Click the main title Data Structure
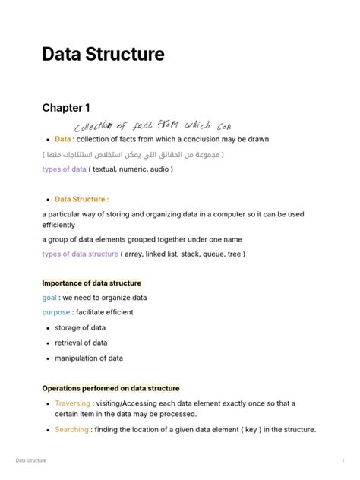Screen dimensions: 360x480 (x=103, y=55)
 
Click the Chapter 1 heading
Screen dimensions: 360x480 (x=66, y=108)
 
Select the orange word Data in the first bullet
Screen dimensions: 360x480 (x=62, y=139)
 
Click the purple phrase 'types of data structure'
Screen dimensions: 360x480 (x=80, y=254)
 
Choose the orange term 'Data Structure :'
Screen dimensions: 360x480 (x=81, y=199)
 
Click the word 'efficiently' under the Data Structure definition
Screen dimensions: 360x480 (x=58, y=225)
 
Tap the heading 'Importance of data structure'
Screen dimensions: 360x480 (x=91, y=283)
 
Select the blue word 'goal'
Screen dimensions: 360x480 (x=49, y=298)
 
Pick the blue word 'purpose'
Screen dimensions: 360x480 (x=56, y=312)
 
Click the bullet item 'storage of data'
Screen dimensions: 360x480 (x=80, y=328)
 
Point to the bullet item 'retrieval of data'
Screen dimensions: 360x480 (x=81, y=343)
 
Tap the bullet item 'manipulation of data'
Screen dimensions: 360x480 (x=88, y=358)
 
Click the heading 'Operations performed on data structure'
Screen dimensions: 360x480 (x=111, y=388)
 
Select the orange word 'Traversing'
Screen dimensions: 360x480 (x=72, y=403)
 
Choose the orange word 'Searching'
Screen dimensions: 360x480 (x=71, y=430)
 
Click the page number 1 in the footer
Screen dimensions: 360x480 (x=343, y=460)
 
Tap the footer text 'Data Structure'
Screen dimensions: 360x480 (x=31, y=460)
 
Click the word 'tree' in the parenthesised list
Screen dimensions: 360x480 (x=231, y=254)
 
